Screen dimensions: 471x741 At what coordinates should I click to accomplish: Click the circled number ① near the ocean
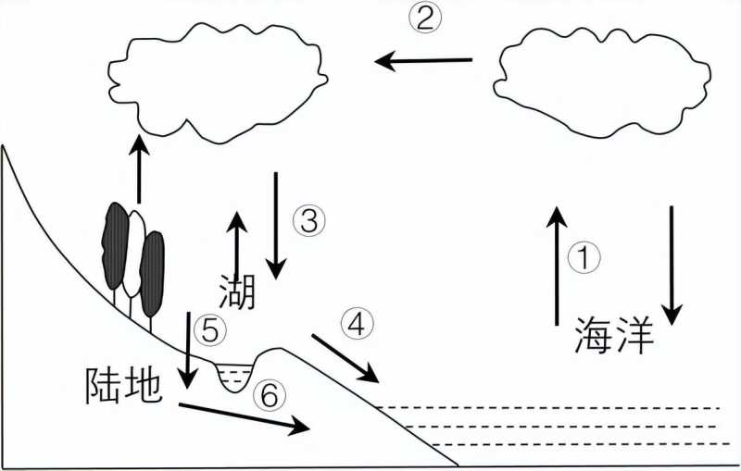pyautogui.click(x=585, y=258)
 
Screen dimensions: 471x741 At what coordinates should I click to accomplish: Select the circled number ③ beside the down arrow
pyautogui.click(x=310, y=220)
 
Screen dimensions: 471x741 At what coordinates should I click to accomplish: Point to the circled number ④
pyautogui.click(x=359, y=323)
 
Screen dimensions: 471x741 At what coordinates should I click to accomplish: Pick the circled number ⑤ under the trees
pyautogui.click(x=210, y=328)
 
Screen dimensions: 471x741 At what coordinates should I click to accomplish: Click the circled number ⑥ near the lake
pyautogui.click(x=267, y=396)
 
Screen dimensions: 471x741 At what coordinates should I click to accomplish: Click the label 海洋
pyautogui.click(x=614, y=336)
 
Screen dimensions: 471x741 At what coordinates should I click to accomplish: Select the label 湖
pyautogui.click(x=237, y=291)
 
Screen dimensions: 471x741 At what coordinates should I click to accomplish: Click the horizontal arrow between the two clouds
pyautogui.click(x=424, y=61)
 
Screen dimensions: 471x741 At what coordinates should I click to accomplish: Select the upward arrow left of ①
pyautogui.click(x=557, y=266)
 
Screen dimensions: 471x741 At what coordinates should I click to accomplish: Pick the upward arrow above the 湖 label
pyautogui.click(x=237, y=245)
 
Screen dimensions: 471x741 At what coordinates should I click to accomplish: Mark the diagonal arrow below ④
pyautogui.click(x=345, y=358)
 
